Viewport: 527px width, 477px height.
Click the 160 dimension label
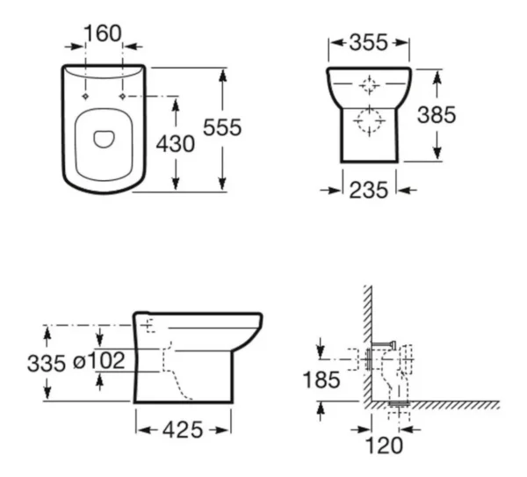tap(103, 34)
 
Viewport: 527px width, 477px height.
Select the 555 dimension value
tap(222, 127)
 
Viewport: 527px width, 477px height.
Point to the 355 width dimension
tap(369, 41)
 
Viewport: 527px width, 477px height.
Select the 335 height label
tap(47, 364)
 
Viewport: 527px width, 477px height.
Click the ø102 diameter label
tap(98, 359)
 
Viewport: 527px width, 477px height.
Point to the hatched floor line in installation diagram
tap(439, 405)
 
